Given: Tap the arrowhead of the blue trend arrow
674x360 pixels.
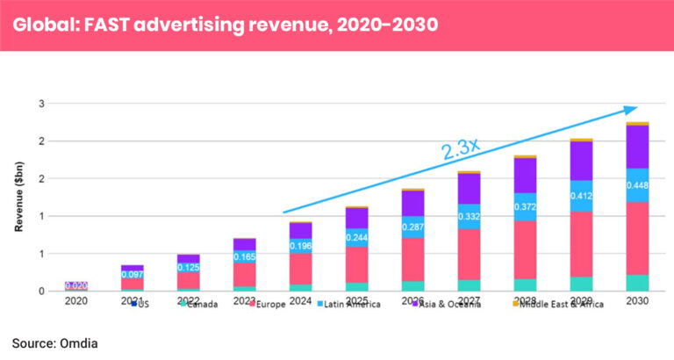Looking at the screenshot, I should pyautogui.click(x=629, y=110).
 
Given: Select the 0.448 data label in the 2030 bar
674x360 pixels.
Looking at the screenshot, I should pyautogui.click(x=637, y=184).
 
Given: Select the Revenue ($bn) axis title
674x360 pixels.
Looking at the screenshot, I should pyautogui.click(x=18, y=198).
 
